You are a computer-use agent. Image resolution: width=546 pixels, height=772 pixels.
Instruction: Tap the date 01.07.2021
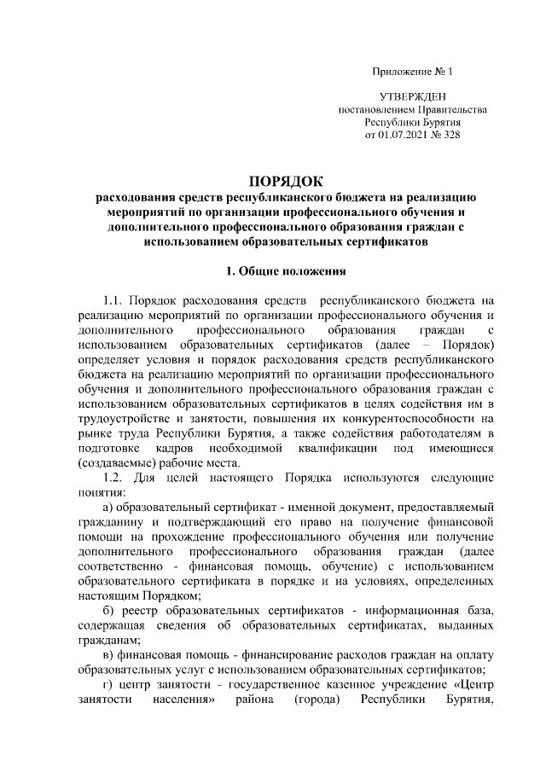pyautogui.click(x=406, y=134)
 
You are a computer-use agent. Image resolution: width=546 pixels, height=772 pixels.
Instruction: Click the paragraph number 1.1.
pyautogui.click(x=113, y=301)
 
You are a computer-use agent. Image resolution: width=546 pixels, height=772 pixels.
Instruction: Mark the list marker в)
pyautogui.click(x=108, y=654)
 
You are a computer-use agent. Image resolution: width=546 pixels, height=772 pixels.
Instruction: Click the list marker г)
pyautogui.click(x=107, y=684)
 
